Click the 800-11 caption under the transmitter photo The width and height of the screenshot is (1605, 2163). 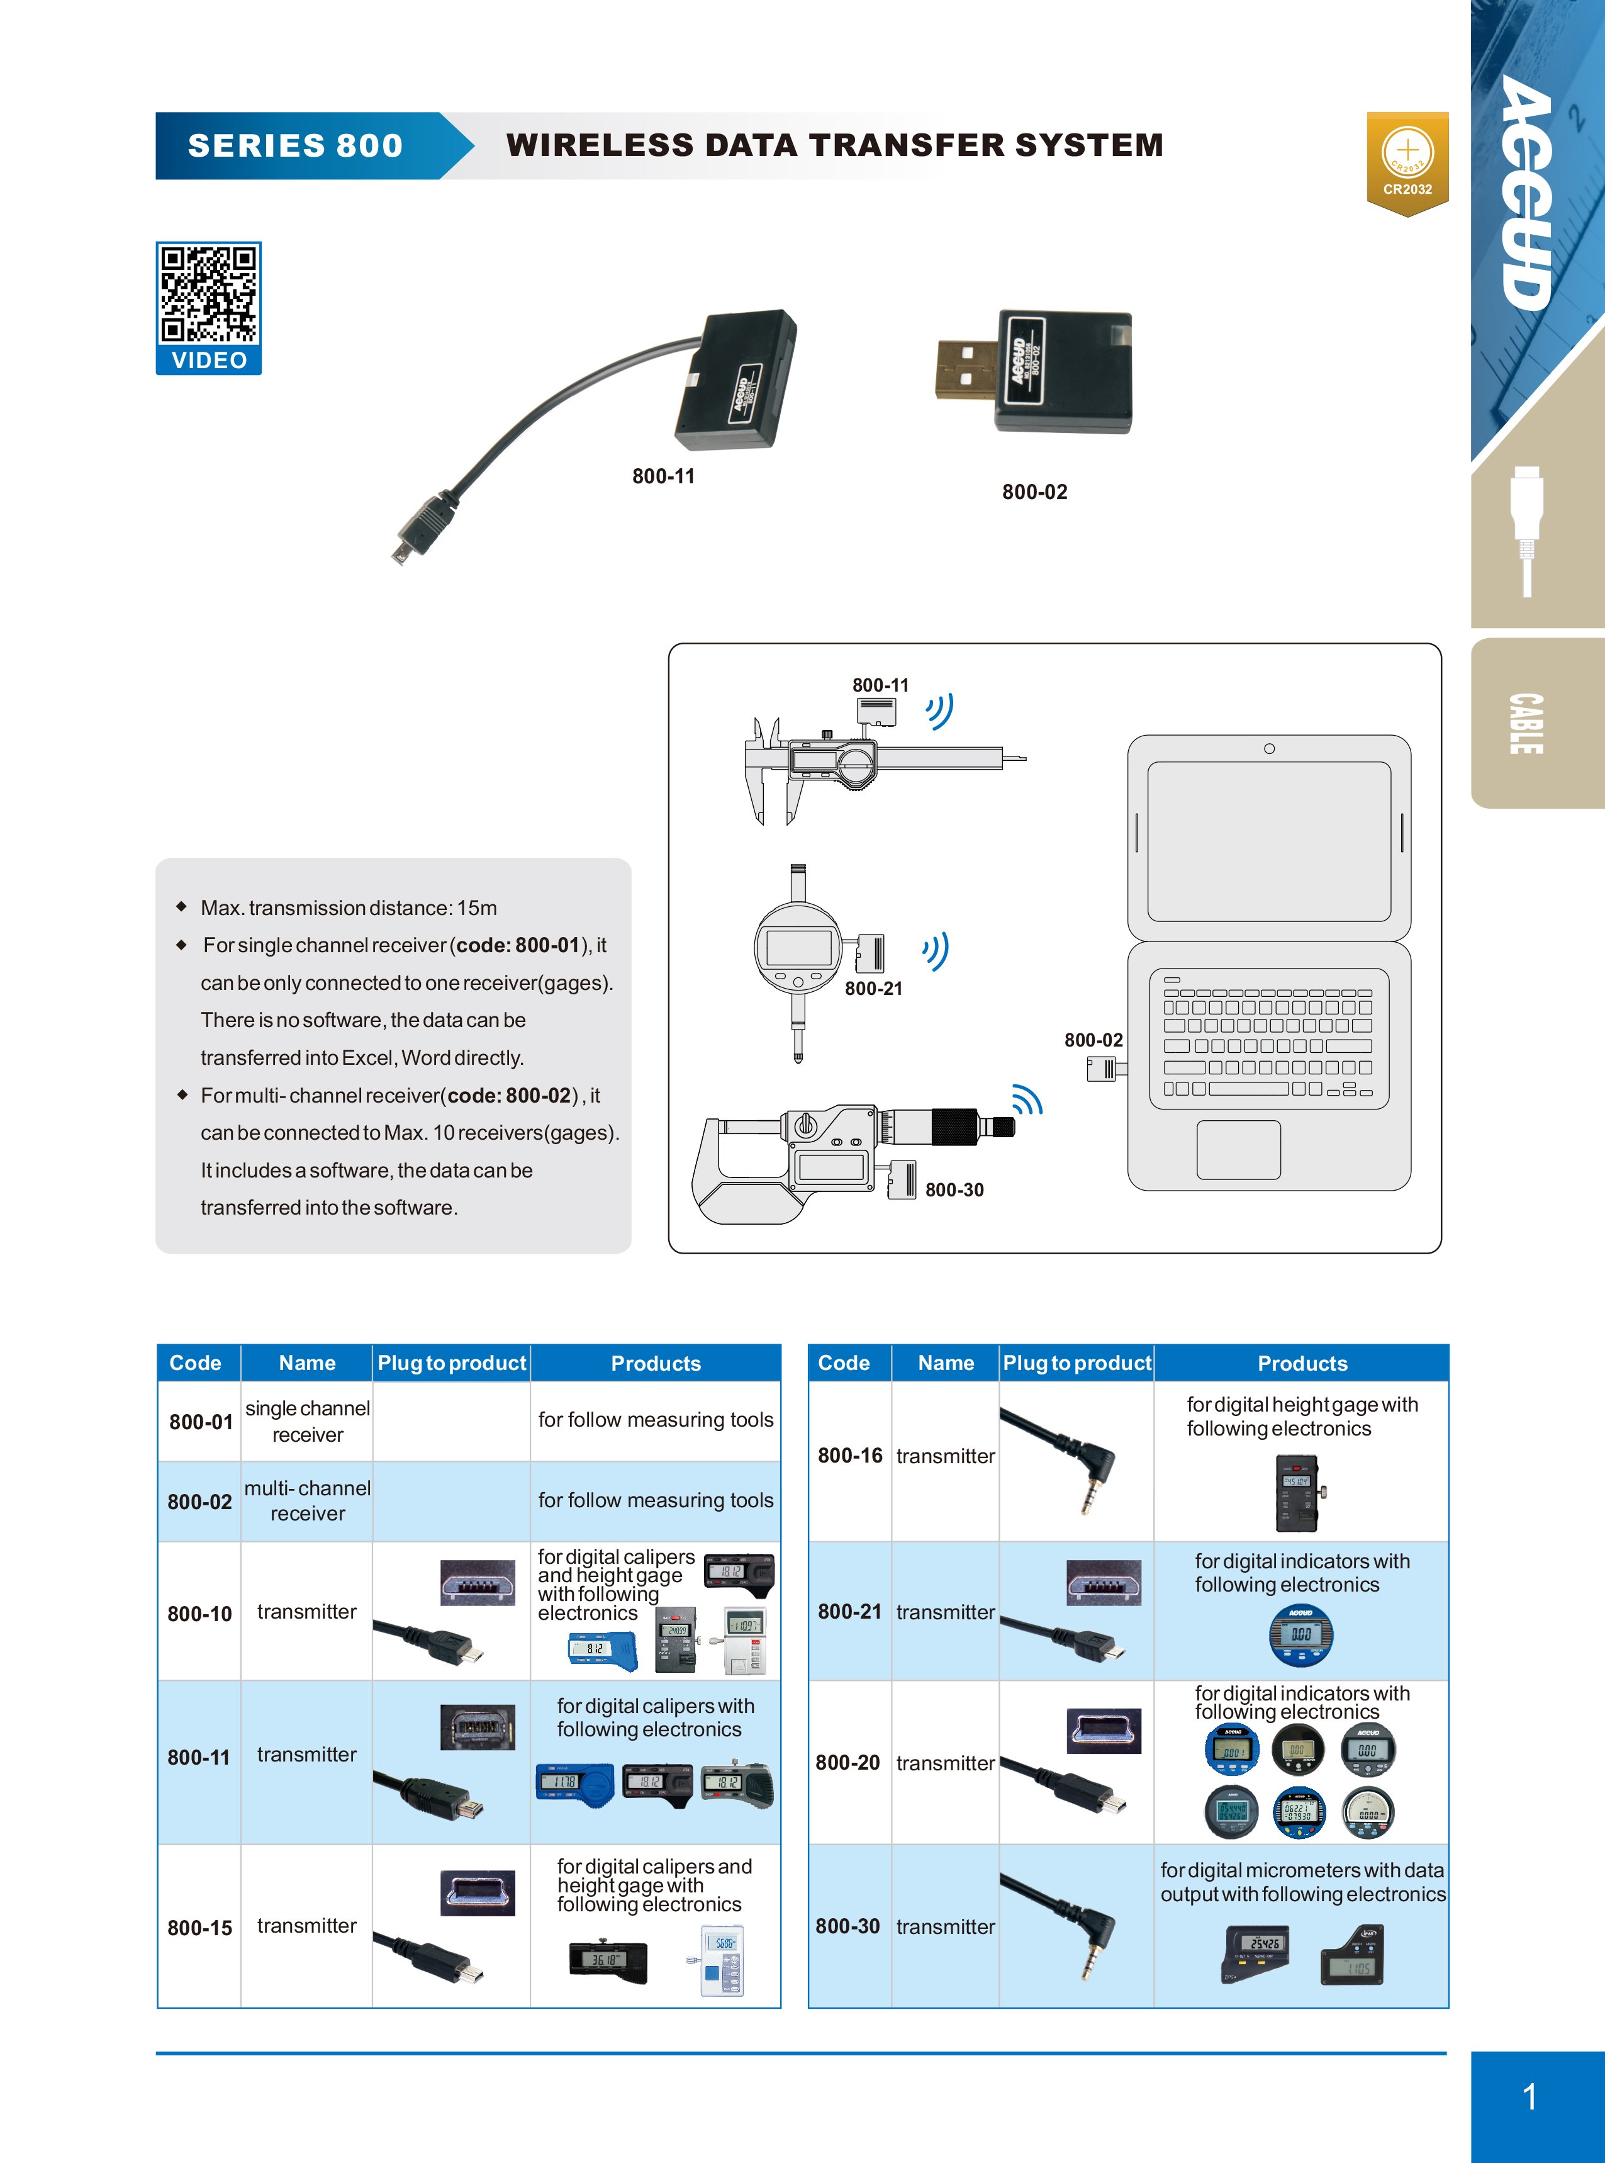pyautogui.click(x=664, y=476)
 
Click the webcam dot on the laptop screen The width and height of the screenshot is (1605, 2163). pyautogui.click(x=1269, y=748)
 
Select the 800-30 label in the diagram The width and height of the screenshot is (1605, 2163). pyautogui.click(x=954, y=1189)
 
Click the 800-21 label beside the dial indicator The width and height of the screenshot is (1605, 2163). pyautogui.click(x=873, y=988)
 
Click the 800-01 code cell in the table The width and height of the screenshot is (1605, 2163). pyautogui.click(x=200, y=1422)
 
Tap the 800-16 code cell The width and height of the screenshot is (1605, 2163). pyautogui.click(x=850, y=1454)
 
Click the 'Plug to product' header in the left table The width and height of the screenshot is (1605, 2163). pyautogui.click(x=452, y=1362)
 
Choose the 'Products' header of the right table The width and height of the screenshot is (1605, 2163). pyautogui.click(x=1302, y=1362)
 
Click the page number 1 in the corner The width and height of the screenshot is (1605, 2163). pyautogui.click(x=1530, y=2096)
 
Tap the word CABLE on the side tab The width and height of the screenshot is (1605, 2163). pyautogui.click(x=1526, y=724)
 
